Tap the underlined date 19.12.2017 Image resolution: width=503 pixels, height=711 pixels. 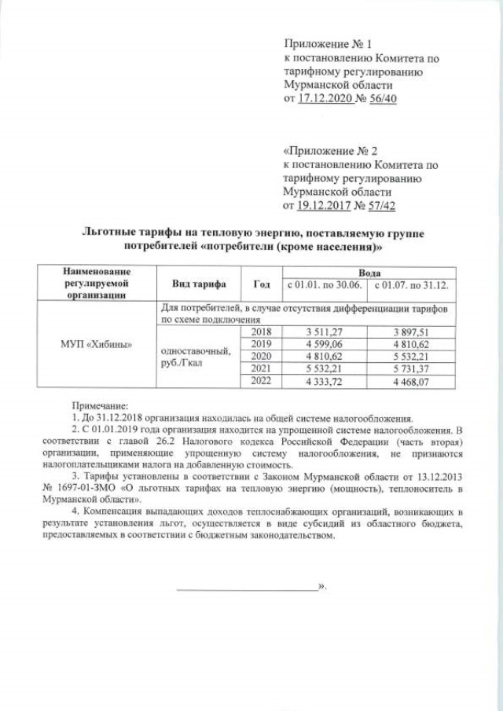[322, 205]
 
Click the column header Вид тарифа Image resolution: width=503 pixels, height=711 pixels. [194, 283]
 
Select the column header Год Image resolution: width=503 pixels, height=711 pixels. [262, 283]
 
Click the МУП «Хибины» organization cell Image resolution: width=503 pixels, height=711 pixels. [97, 345]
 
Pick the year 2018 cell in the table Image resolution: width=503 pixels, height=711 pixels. [259, 332]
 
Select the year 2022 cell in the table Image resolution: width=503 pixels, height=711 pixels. [259, 381]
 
